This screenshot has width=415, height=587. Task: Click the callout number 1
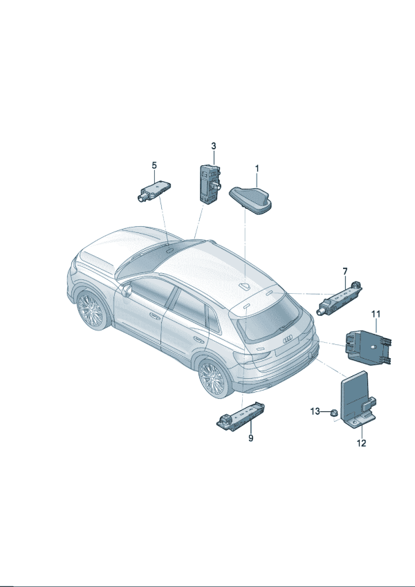point(257,169)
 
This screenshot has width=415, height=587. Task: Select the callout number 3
point(214,146)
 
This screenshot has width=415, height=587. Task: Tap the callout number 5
point(154,165)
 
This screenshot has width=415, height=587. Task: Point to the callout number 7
point(345,272)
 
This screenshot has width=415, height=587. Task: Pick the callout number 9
point(250,438)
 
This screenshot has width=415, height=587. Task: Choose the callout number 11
point(376,314)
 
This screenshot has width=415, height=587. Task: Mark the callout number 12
point(361,443)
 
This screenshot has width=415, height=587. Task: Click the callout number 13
point(315,411)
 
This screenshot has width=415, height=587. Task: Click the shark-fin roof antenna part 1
point(250,201)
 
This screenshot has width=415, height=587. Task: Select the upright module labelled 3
point(210,184)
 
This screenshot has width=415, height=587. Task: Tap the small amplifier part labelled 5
point(154,191)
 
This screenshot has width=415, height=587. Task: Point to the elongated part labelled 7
point(340,299)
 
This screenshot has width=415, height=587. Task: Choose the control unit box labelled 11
point(369,347)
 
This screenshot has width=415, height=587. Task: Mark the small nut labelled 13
point(332,413)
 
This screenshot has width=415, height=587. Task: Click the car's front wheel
point(91,310)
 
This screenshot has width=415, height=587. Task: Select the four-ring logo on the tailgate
point(288,340)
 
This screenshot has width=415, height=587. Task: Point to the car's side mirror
point(127,290)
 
